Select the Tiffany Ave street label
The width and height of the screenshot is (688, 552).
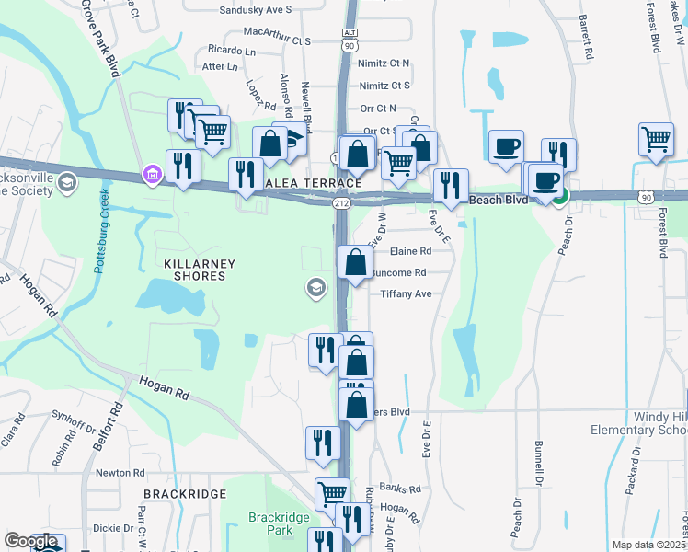pos(406,294)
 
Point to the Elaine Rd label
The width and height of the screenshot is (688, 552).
pos(410,251)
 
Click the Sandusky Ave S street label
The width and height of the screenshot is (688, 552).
pos(256,10)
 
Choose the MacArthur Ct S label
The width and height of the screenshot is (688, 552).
pos(277,41)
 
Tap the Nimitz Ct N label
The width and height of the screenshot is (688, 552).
pos(384,63)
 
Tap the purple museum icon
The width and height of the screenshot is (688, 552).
pos(150,173)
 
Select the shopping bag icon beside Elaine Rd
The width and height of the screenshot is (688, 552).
pos(355,262)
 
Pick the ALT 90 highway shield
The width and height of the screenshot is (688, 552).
pos(350,38)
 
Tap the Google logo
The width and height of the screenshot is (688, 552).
pos(30,541)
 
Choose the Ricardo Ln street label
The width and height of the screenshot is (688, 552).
pos(231,48)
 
